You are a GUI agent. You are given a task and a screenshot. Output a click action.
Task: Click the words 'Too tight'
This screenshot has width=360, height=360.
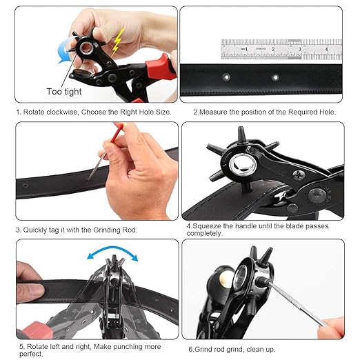63,91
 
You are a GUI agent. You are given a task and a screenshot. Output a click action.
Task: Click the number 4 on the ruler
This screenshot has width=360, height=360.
326,50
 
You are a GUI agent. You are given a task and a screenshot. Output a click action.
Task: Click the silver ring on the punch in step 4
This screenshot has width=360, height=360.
243,166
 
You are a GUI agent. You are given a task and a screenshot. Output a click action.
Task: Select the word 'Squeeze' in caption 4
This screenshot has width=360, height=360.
210,226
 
